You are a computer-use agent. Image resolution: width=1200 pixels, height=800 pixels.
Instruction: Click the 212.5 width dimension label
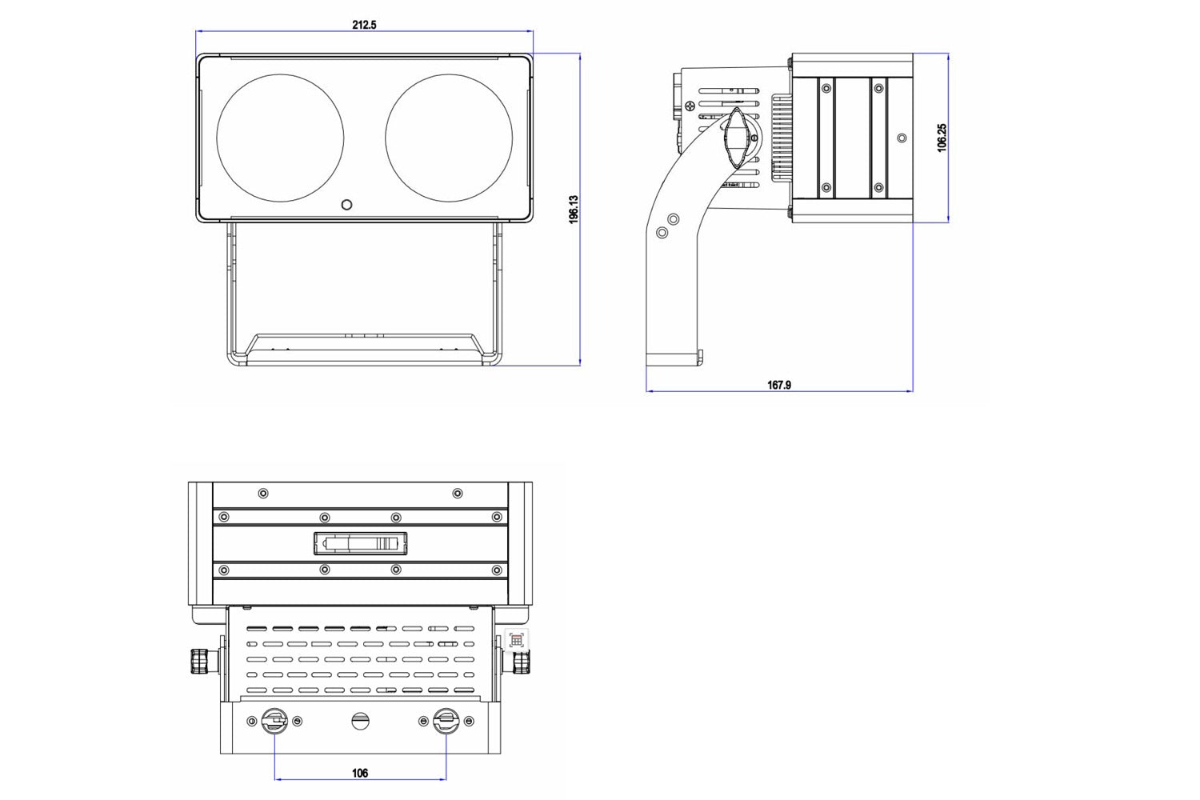(364, 25)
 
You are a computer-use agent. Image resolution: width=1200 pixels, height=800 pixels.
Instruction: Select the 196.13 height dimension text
(574, 210)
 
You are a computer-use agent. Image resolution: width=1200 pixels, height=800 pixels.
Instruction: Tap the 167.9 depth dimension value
(778, 385)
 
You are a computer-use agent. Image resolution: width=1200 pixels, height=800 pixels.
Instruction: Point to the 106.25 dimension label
(942, 138)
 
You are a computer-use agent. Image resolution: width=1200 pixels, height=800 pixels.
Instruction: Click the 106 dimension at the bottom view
(360, 773)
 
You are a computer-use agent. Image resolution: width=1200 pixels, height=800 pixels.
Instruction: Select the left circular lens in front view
(280, 138)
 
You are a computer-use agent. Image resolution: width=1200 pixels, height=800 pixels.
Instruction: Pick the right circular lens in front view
(448, 138)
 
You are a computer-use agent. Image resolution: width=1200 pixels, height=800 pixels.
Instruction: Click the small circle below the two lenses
(346, 204)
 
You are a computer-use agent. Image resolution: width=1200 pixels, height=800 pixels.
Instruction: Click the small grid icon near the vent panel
(517, 640)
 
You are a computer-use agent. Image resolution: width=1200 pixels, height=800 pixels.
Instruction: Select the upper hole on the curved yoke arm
(674, 218)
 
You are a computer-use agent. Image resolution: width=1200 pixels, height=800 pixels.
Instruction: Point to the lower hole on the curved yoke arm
(662, 232)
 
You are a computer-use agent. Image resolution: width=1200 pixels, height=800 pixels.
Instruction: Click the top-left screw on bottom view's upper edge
(264, 493)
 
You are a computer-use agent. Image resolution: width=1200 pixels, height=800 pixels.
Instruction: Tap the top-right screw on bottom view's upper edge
(457, 493)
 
